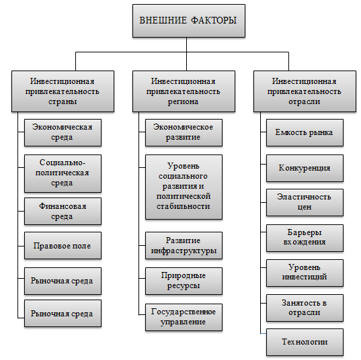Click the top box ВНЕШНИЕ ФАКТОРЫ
tap(188, 21)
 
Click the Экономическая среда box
tap(63, 132)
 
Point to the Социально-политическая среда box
tap(63, 173)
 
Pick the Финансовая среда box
tap(63, 212)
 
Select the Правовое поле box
tap(63, 246)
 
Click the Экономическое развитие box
tap(183, 132)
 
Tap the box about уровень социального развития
tap(183, 186)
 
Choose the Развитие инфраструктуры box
tap(183, 246)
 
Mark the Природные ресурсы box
tap(183, 280)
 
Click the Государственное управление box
tap(183, 316)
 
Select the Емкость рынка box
tap(305, 132)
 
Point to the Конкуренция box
tap(305, 167)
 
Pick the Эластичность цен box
tap(305, 202)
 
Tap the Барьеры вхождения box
tap(305, 237)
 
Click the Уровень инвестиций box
tap(305, 272)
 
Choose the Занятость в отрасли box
tap(305, 307)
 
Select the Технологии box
tap(305, 342)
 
